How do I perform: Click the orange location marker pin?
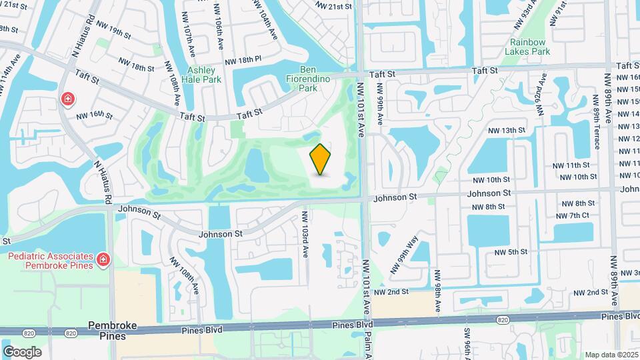(321, 159)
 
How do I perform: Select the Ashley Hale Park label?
(204, 75)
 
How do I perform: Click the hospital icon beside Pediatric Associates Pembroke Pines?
(103, 259)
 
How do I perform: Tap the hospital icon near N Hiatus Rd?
(67, 99)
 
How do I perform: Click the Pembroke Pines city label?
(113, 330)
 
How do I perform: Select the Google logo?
(22, 351)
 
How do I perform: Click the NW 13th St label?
(507, 130)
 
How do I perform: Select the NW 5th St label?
(511, 252)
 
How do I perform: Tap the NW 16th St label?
(94, 115)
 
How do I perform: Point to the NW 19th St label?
(113, 31)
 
